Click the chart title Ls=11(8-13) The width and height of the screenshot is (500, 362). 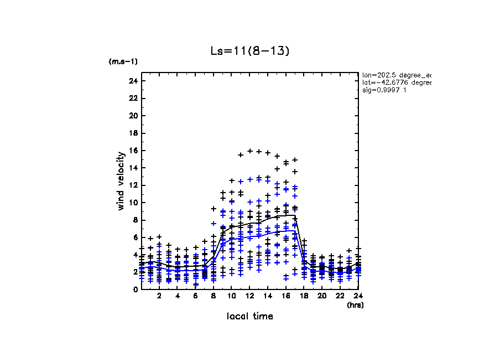(x=249, y=51)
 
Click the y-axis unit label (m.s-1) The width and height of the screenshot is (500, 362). (x=123, y=61)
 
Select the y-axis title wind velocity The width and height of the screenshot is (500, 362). (x=121, y=181)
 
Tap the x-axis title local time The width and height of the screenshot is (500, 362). (x=249, y=317)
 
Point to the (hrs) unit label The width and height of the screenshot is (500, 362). (x=355, y=305)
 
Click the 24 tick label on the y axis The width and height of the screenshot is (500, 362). (x=133, y=81)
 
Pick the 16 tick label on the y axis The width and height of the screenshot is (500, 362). (x=133, y=151)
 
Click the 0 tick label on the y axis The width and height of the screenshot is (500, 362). (x=135, y=289)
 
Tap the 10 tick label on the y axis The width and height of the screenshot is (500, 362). (x=133, y=203)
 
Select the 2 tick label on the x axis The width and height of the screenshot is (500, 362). (x=159, y=297)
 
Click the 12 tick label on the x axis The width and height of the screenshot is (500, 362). (x=250, y=297)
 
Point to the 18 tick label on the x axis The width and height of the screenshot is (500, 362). (x=304, y=297)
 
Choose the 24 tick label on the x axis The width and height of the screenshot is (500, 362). (x=358, y=297)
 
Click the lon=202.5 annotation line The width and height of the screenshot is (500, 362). (x=396, y=75)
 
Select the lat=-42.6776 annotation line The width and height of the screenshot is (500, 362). (x=396, y=82)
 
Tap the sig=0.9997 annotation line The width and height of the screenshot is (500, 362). (x=385, y=90)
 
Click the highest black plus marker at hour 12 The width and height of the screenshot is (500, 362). (x=250, y=151)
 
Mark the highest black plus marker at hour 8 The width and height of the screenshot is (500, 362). (x=213, y=209)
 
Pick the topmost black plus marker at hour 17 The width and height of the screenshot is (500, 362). (x=295, y=159)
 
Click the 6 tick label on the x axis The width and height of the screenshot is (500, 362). (x=195, y=297)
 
